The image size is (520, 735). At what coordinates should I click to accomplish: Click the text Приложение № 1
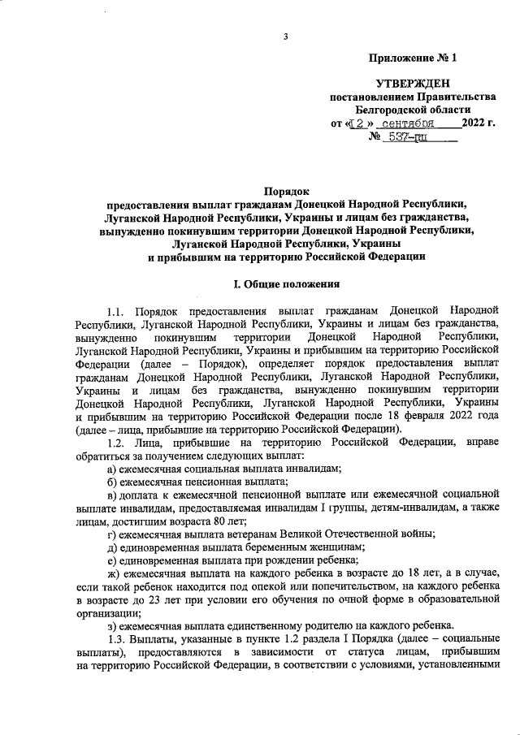coord(413,58)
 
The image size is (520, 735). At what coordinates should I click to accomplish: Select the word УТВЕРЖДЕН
coord(412,84)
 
